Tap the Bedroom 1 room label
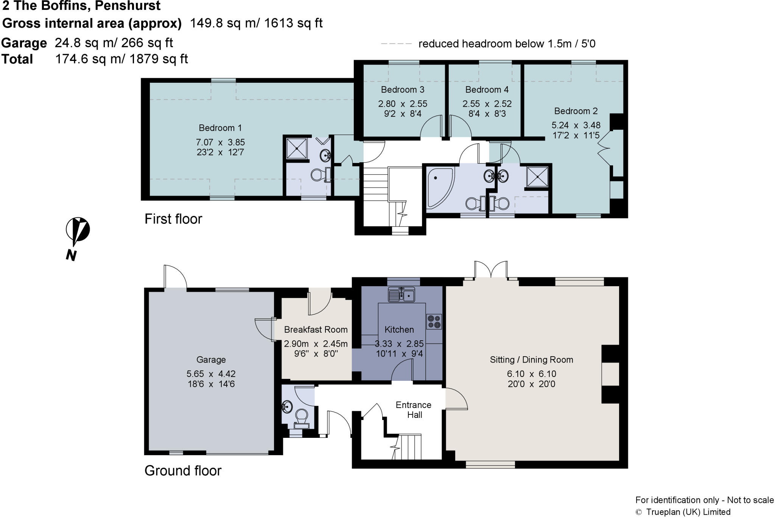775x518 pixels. coord(220,128)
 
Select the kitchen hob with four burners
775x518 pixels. coord(434,321)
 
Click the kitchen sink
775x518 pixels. coord(402,295)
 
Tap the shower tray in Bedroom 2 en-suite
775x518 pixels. coord(537,177)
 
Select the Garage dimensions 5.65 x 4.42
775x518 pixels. coord(211,374)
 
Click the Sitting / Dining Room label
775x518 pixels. coord(531,360)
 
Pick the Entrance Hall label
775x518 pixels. coord(414,410)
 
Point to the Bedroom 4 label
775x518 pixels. coord(487,90)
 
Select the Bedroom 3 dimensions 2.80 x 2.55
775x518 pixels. coord(403,104)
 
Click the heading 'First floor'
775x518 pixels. coord(173,219)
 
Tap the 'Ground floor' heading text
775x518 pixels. coord(183,471)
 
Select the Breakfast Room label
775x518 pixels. coord(316,330)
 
